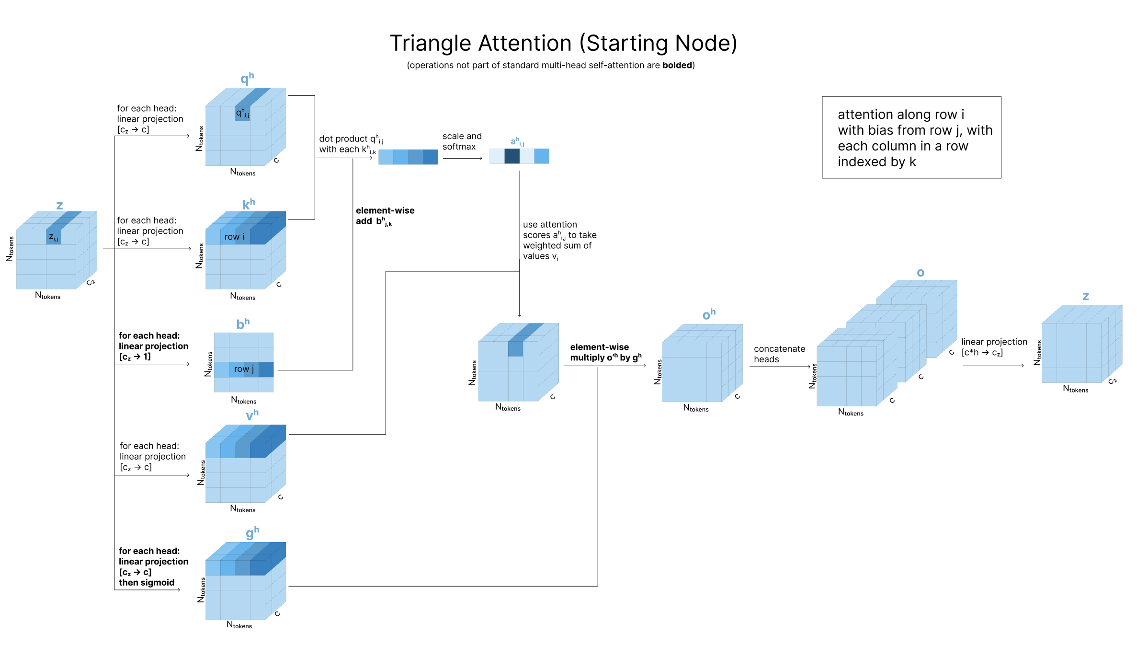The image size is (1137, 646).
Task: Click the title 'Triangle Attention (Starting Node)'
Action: [563, 44]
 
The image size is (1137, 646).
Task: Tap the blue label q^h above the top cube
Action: [247, 78]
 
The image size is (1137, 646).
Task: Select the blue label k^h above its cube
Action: [249, 204]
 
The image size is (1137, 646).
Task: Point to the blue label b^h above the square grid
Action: [243, 324]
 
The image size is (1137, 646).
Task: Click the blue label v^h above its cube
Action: [252, 415]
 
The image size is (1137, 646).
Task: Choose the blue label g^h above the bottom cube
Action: [252, 532]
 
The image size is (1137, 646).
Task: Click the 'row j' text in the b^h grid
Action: [244, 369]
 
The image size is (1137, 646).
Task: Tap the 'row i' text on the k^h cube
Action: [234, 237]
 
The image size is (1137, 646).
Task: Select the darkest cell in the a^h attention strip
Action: [512, 156]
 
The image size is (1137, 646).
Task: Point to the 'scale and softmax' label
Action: [462, 141]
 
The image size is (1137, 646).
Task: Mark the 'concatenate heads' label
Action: [779, 354]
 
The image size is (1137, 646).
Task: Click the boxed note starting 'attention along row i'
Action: [911, 138]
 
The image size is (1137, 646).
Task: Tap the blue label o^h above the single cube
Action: [709, 314]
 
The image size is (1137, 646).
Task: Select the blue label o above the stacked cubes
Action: [921, 273]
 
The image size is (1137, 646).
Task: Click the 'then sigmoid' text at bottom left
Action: [147, 583]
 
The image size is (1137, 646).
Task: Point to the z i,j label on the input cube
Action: [54, 237]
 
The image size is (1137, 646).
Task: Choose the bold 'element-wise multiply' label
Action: [605, 352]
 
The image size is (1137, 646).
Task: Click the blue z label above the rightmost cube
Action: [1086, 297]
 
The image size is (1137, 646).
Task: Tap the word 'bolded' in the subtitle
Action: [677, 65]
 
